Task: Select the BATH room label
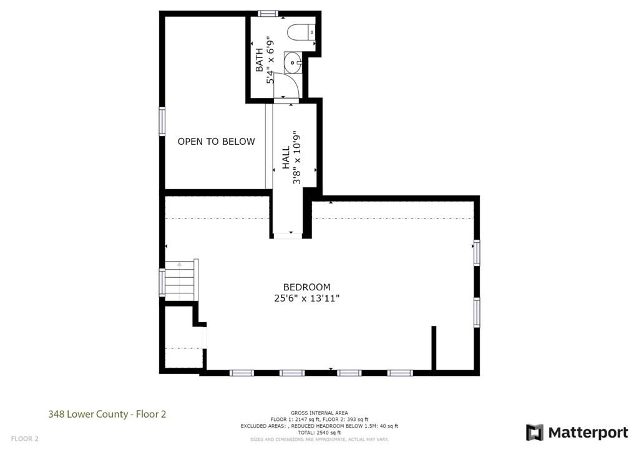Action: (x=260, y=60)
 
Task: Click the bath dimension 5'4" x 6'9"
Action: (x=270, y=60)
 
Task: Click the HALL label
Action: (x=286, y=157)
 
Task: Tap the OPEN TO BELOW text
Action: (x=216, y=142)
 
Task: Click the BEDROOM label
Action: (x=306, y=287)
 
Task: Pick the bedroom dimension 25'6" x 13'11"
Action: (x=306, y=298)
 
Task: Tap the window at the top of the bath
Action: (x=268, y=13)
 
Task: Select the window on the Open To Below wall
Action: (x=162, y=121)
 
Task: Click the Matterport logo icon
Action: (x=534, y=433)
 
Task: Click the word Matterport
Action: (x=588, y=433)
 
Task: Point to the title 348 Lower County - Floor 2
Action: (x=107, y=413)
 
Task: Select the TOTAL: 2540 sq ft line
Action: (x=319, y=433)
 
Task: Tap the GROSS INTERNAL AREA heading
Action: (x=319, y=413)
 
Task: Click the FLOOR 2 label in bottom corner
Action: (x=24, y=439)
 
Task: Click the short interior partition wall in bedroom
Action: (x=433, y=348)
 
